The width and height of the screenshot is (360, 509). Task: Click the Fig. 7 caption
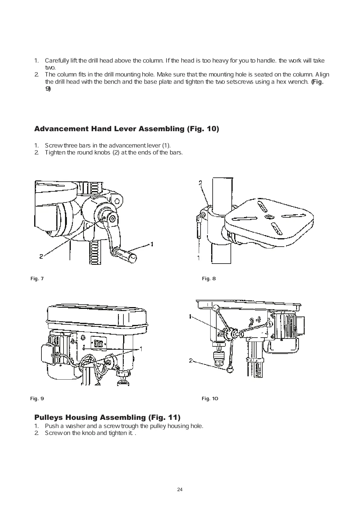point(37,279)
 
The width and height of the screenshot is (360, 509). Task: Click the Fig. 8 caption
point(209,279)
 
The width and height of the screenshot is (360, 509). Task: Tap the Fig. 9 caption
point(37,398)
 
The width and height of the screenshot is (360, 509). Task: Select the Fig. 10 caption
point(210,398)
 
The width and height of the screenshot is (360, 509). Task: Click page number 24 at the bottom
point(180,490)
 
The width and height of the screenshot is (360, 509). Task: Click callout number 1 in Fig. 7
point(152,244)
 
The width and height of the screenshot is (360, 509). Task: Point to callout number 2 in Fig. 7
point(41,256)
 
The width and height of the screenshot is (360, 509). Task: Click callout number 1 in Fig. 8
point(199,258)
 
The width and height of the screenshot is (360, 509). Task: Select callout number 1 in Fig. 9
point(141,349)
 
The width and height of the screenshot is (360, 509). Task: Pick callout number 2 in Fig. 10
point(191,361)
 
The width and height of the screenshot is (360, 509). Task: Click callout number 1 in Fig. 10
point(190,316)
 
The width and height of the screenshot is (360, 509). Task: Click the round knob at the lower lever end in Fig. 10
point(230,370)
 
